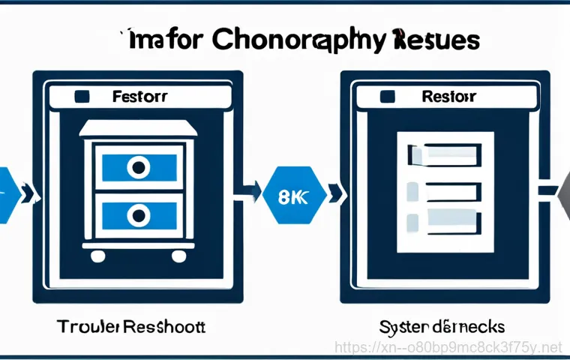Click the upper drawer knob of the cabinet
tap(137, 167)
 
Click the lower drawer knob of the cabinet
tap(137, 216)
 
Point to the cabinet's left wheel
tap(97, 257)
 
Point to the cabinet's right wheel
tap(178, 257)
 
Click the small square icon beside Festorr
tap(82, 97)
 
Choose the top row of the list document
tap(442, 155)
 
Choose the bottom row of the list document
tap(442, 222)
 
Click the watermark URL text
tap(448, 347)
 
